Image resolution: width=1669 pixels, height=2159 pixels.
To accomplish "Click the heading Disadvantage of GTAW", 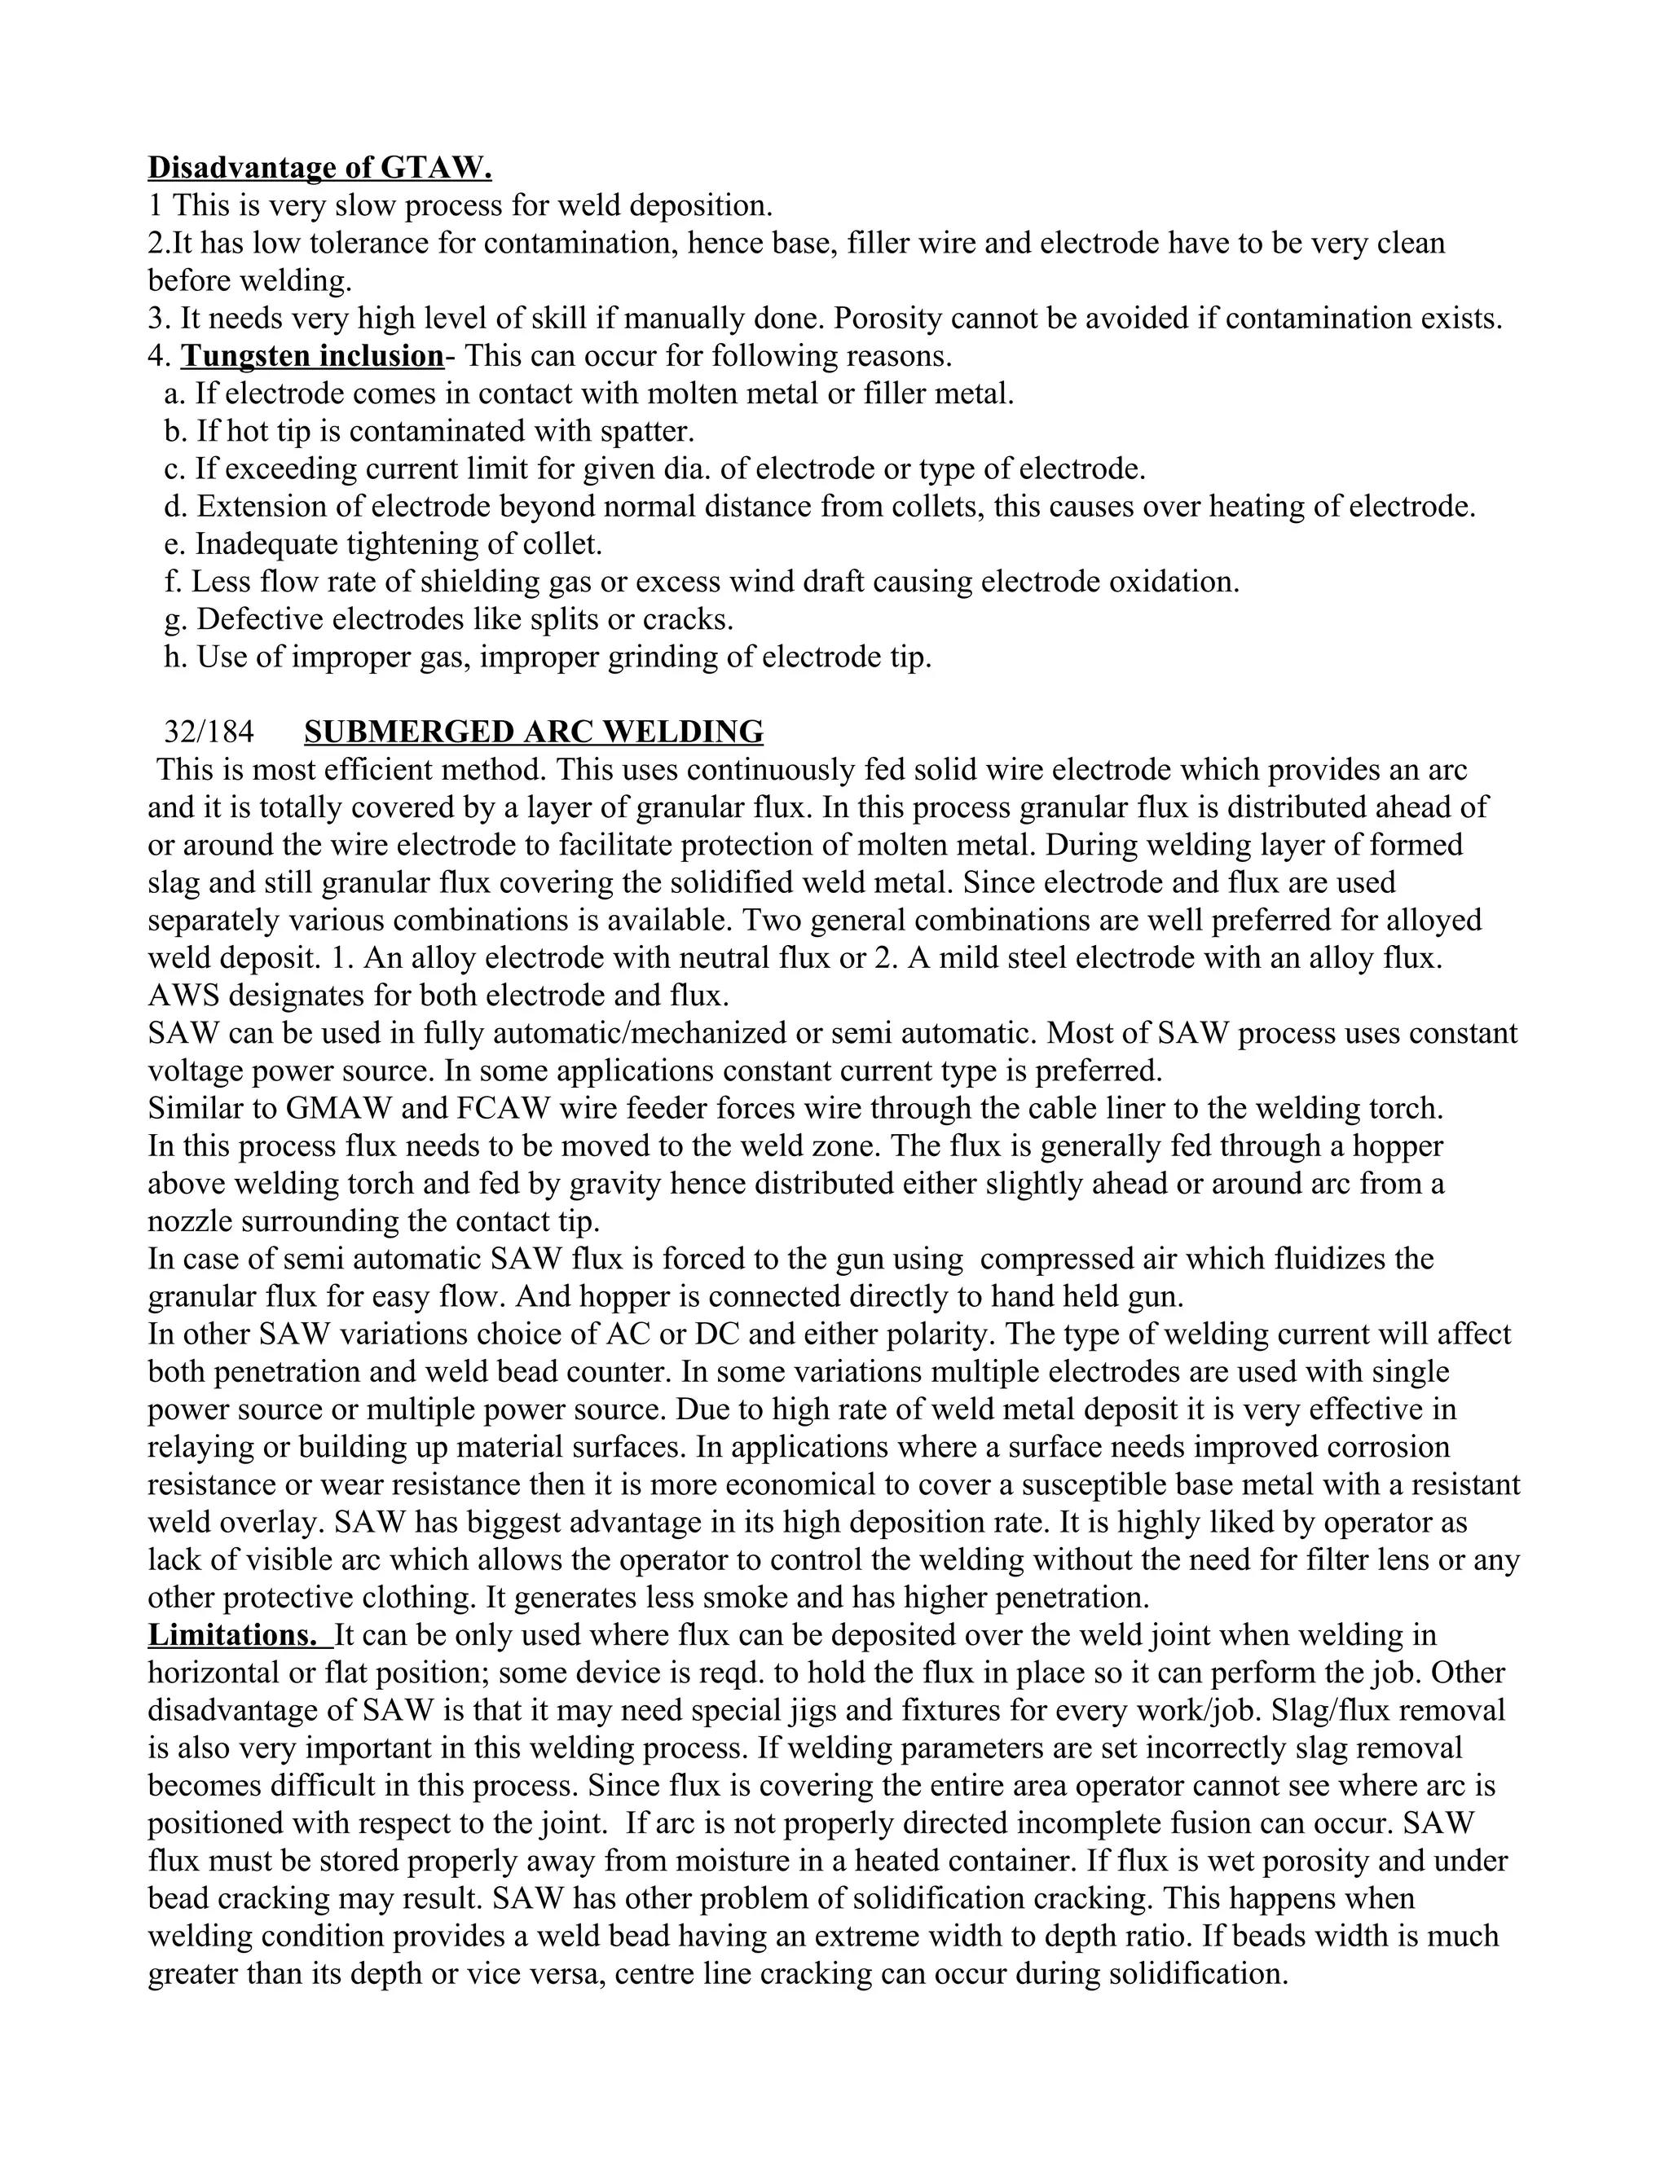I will [319, 168].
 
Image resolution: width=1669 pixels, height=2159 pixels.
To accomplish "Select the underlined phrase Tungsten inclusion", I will [311, 356].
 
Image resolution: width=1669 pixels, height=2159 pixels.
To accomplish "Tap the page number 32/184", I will [209, 732].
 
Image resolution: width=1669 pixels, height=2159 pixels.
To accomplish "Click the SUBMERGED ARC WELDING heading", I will [534, 732].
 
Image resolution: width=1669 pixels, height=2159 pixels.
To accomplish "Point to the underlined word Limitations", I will [232, 1635].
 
